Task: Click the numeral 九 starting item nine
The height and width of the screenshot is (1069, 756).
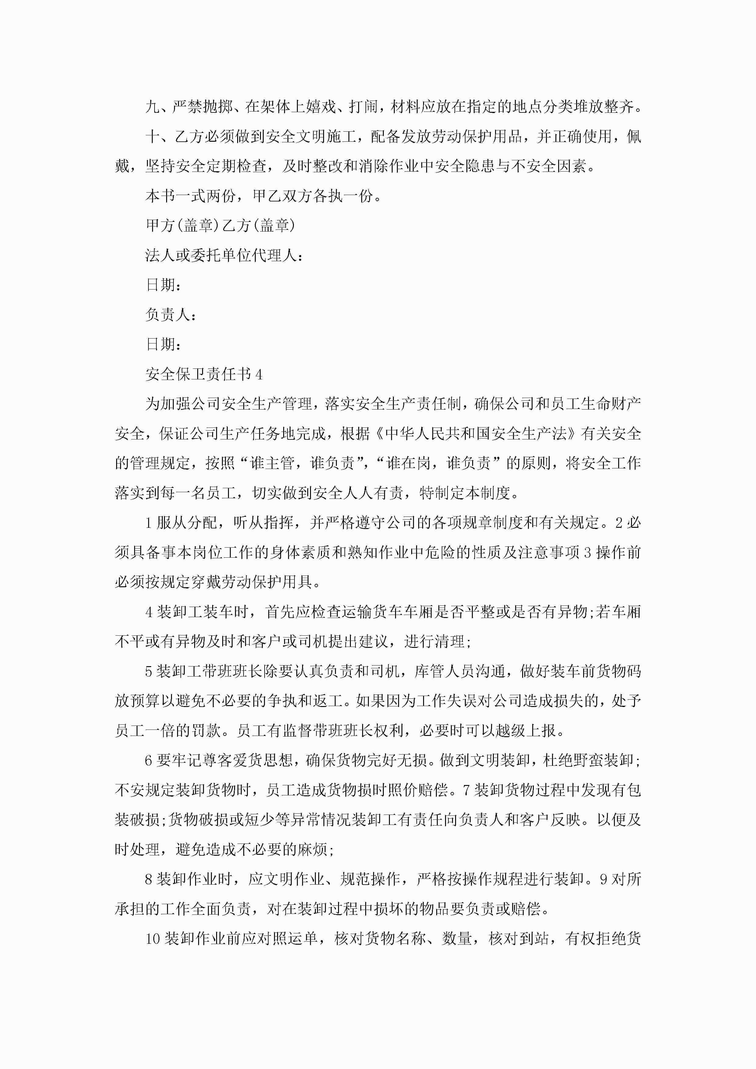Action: [153, 107]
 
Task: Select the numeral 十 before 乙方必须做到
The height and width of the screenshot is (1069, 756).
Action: [153, 137]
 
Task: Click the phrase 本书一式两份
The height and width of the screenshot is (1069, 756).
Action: [191, 196]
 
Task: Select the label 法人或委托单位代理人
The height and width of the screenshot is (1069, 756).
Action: [221, 255]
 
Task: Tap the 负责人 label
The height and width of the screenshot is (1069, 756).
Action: [168, 315]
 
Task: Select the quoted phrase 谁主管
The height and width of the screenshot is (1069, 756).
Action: [273, 463]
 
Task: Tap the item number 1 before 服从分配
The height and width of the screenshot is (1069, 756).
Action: [148, 523]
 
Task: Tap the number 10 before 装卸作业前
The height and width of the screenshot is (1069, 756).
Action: [153, 939]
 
